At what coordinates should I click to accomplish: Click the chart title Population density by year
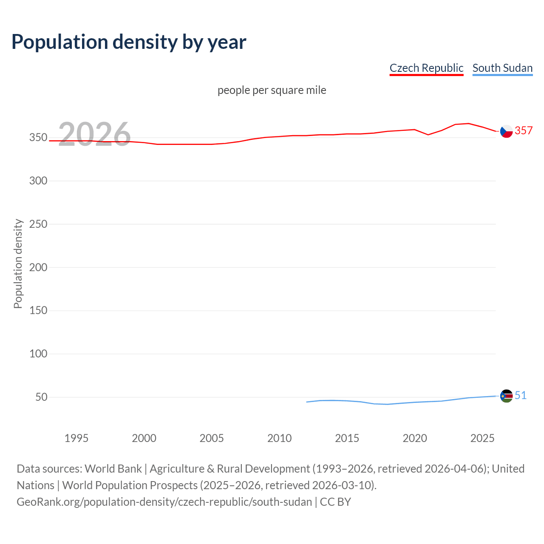coord(129,42)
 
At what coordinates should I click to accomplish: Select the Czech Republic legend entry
coord(426,68)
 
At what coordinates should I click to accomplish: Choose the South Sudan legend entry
coord(502,68)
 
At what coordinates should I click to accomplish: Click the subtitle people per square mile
coord(272,90)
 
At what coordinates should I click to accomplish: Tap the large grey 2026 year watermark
coord(94,134)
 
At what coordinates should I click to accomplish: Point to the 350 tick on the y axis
coord(38,138)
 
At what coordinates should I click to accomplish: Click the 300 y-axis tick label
coord(38,181)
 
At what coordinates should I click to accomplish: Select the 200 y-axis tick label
coord(38,267)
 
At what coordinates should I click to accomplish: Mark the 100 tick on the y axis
coord(38,354)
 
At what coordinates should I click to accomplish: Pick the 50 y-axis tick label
coord(41,397)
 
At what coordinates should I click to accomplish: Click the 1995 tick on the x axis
coord(76,438)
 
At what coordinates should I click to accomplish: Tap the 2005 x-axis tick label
coord(212,438)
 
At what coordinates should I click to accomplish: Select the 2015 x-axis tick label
coord(347,438)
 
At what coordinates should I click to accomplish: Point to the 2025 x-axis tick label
coord(482,438)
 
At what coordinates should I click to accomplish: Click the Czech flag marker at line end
coord(506,131)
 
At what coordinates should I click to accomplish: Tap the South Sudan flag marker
coord(506,396)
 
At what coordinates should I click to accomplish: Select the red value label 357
coord(524,130)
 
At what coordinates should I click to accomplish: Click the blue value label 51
coord(521,395)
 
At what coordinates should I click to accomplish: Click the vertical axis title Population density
coord(18,263)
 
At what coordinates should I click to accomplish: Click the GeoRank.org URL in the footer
coord(164,502)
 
